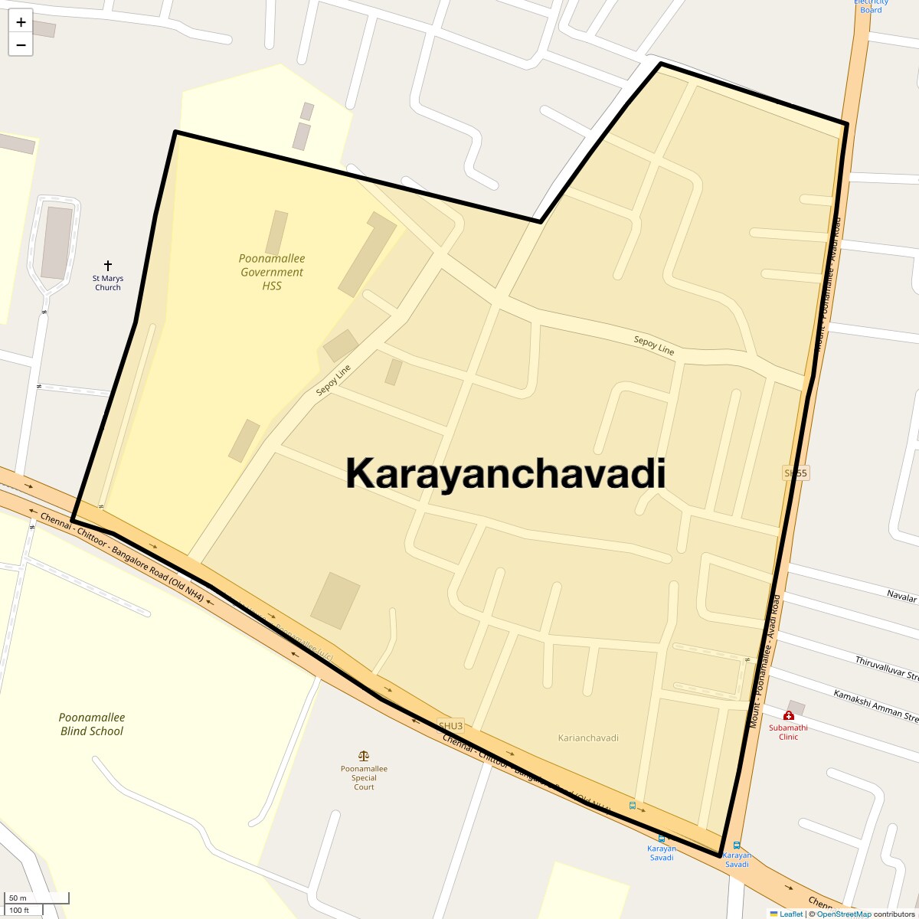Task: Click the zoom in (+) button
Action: click(21, 22)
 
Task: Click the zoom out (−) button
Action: click(21, 44)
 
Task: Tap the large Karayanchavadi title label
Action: click(505, 473)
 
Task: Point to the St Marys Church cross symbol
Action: click(108, 265)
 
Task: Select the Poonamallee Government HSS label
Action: click(272, 272)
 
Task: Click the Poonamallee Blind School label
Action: click(92, 724)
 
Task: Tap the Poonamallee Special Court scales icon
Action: click(364, 756)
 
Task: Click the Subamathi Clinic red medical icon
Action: click(789, 715)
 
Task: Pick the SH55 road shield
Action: click(796, 473)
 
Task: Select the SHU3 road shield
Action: click(450, 725)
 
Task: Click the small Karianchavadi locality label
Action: click(588, 737)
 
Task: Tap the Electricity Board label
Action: click(871, 6)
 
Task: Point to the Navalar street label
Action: click(901, 596)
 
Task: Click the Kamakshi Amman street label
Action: click(875, 705)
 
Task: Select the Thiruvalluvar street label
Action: click(886, 667)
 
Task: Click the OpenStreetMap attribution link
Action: click(843, 914)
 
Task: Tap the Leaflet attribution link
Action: click(791, 914)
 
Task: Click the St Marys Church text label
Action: click(108, 283)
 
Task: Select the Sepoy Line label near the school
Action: click(334, 380)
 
